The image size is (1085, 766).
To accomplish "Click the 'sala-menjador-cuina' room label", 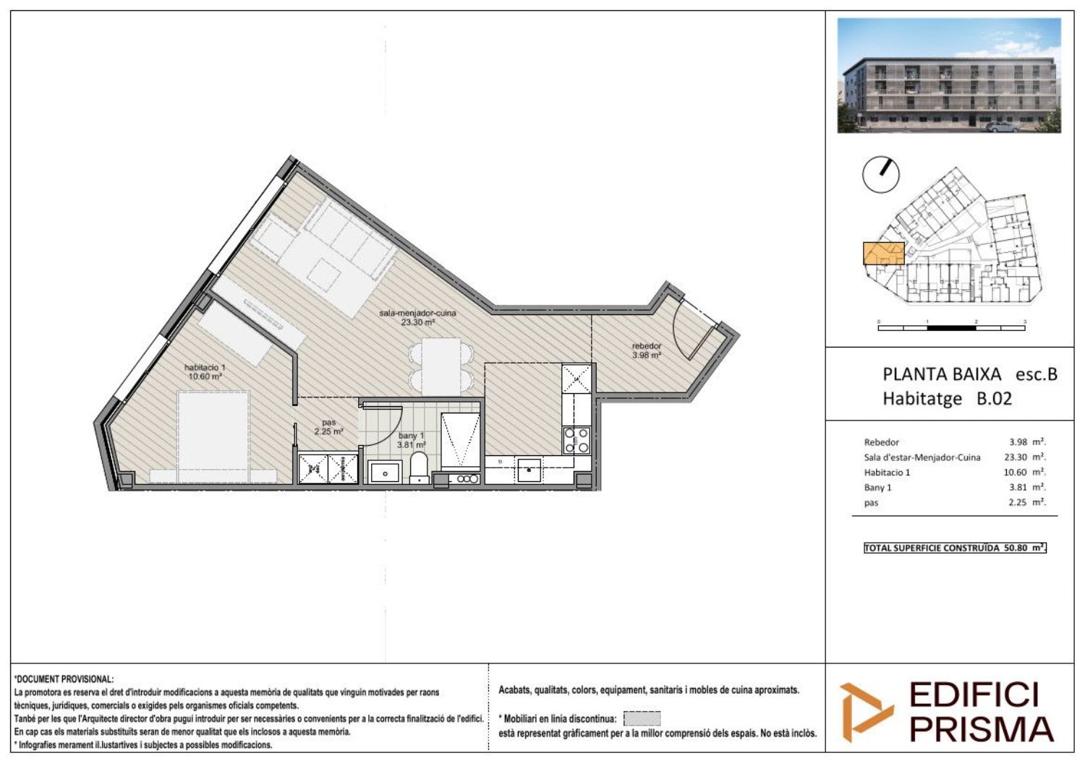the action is point(417,313).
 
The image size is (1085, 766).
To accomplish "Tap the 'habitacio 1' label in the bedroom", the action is point(205,367).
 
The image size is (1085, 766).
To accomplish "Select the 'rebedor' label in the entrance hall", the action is point(647,346).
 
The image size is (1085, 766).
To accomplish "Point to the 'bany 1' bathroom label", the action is point(411,436).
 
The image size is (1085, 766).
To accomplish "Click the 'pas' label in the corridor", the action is point(329,423).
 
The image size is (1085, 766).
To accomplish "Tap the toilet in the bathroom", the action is point(419,467).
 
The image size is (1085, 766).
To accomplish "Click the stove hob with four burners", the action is point(576,440).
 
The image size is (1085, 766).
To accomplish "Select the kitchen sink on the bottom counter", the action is point(529,470).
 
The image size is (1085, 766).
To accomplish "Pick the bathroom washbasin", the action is point(385,472).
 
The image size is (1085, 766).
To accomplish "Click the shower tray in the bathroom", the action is point(460,441).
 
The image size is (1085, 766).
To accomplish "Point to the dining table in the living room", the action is point(441,366).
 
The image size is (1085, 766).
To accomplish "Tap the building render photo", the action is point(949,75).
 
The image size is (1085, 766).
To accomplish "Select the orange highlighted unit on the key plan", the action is point(883,253).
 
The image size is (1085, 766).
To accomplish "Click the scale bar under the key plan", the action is point(951,327).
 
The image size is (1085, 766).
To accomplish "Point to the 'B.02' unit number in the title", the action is point(994,399).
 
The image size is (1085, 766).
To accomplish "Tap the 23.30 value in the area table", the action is point(1016,457).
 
